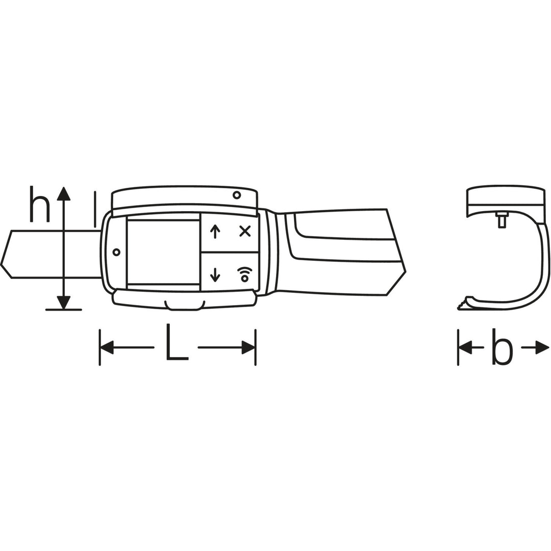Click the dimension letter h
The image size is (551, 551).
[40, 205]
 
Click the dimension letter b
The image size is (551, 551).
[502, 347]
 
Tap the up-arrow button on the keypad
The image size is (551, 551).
[215, 231]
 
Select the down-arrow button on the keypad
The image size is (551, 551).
[215, 274]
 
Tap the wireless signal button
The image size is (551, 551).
[245, 273]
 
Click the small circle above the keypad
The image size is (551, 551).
[236, 195]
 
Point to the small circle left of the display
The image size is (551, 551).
[116, 252]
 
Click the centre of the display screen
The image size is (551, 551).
[163, 252]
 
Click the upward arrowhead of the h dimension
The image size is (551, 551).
[64, 193]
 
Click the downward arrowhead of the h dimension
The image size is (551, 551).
[64, 303]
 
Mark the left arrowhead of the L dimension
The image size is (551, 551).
[107, 348]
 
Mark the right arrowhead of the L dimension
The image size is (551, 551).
[248, 348]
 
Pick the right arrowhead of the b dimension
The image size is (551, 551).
[542, 348]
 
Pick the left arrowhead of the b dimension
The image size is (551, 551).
[465, 348]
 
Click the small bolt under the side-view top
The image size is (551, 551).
[502, 220]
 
